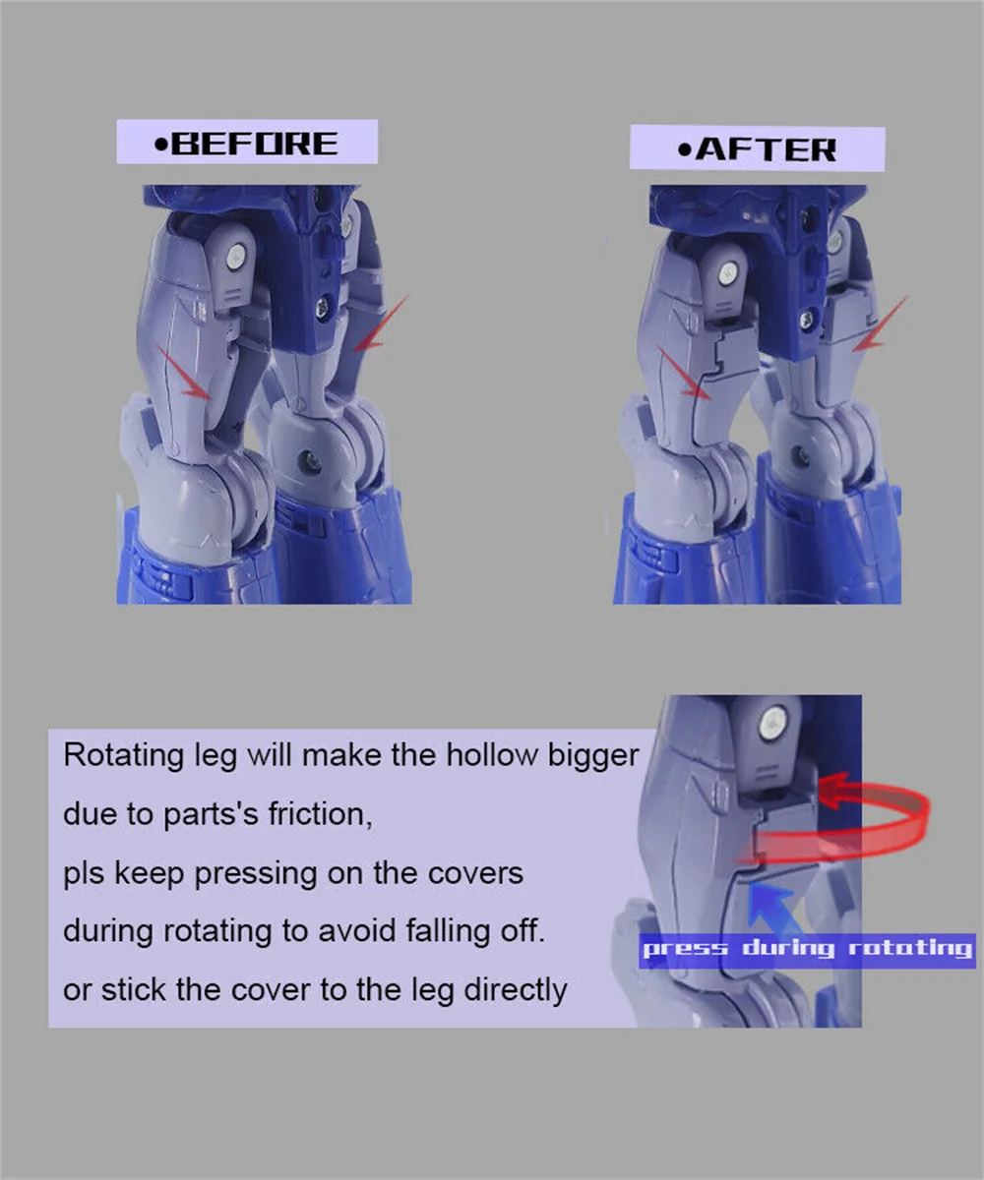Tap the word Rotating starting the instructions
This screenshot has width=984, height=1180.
pos(123,756)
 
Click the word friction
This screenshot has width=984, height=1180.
pos(319,814)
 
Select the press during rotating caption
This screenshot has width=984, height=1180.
pos(807,949)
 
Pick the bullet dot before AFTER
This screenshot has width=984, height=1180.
pos(685,150)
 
